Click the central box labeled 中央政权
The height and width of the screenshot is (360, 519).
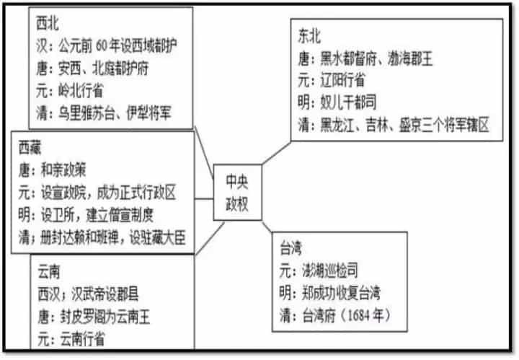(x=237, y=193)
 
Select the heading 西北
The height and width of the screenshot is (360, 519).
(x=48, y=24)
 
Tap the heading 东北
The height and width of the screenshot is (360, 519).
(x=309, y=36)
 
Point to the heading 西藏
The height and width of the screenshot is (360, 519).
(x=30, y=148)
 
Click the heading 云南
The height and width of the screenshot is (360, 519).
(x=49, y=272)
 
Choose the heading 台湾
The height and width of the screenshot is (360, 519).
(x=290, y=248)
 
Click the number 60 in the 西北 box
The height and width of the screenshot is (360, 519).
(x=102, y=46)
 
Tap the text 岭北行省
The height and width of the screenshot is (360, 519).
(x=81, y=90)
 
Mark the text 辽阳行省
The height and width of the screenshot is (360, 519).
(x=342, y=80)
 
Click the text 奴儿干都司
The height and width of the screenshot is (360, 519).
(x=348, y=102)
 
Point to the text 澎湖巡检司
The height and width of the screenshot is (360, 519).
(x=329, y=271)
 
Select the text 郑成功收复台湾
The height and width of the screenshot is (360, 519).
(x=341, y=293)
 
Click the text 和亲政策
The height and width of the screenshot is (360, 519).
(x=63, y=170)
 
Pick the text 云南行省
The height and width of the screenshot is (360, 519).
(x=82, y=340)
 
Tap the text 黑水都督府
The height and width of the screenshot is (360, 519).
(x=348, y=58)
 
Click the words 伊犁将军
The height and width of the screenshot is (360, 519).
(x=149, y=113)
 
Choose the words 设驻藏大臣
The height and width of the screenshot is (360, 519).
(x=157, y=237)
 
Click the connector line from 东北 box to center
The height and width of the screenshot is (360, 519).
(x=276, y=153)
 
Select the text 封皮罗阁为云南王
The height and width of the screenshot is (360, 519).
(x=105, y=317)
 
